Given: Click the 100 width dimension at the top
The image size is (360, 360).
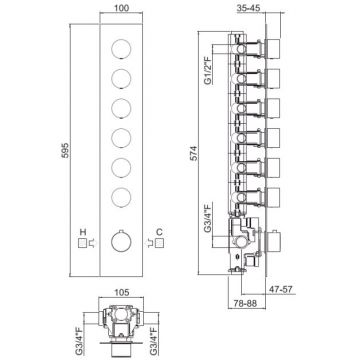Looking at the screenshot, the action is click(121, 8).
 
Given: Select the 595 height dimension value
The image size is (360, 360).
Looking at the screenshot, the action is click(65, 151).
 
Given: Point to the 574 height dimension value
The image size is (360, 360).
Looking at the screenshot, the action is click(194, 153).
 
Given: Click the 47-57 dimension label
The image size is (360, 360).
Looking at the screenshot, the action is click(282, 289).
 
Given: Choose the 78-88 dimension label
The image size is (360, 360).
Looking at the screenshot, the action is click(245, 304).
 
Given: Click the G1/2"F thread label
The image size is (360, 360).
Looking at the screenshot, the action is click(208, 71).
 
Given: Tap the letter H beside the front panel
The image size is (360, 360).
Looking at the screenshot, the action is click(83, 232).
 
